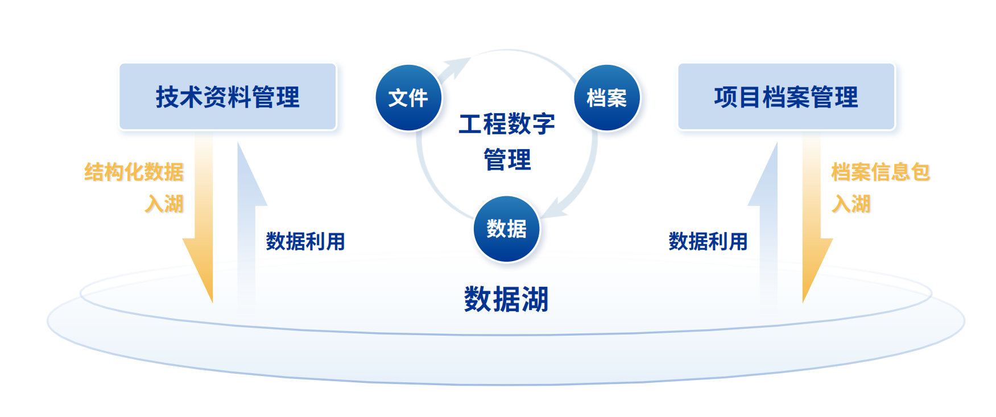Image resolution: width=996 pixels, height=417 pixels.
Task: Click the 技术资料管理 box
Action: click(x=228, y=97)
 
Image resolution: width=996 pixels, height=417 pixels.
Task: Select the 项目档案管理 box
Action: click(x=786, y=97)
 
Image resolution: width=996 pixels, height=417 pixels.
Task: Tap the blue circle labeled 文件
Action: click(x=408, y=98)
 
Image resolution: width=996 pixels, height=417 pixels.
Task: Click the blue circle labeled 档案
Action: click(x=607, y=98)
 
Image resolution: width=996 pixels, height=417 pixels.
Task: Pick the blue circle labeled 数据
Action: click(x=506, y=229)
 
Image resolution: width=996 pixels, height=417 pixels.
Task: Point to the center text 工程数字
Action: click(x=506, y=124)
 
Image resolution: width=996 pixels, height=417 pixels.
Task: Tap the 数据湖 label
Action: click(x=506, y=299)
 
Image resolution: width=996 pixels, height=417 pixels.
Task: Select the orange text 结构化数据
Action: click(x=134, y=172)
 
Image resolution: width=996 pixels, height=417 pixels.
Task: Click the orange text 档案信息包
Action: click(x=881, y=172)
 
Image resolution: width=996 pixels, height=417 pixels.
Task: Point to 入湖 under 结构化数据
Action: click(x=164, y=204)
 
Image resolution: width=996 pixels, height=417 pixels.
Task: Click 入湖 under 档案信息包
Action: click(x=851, y=204)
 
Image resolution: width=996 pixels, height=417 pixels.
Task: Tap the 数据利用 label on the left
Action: click(x=305, y=241)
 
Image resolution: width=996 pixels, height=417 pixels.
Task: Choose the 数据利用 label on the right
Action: click(x=708, y=241)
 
